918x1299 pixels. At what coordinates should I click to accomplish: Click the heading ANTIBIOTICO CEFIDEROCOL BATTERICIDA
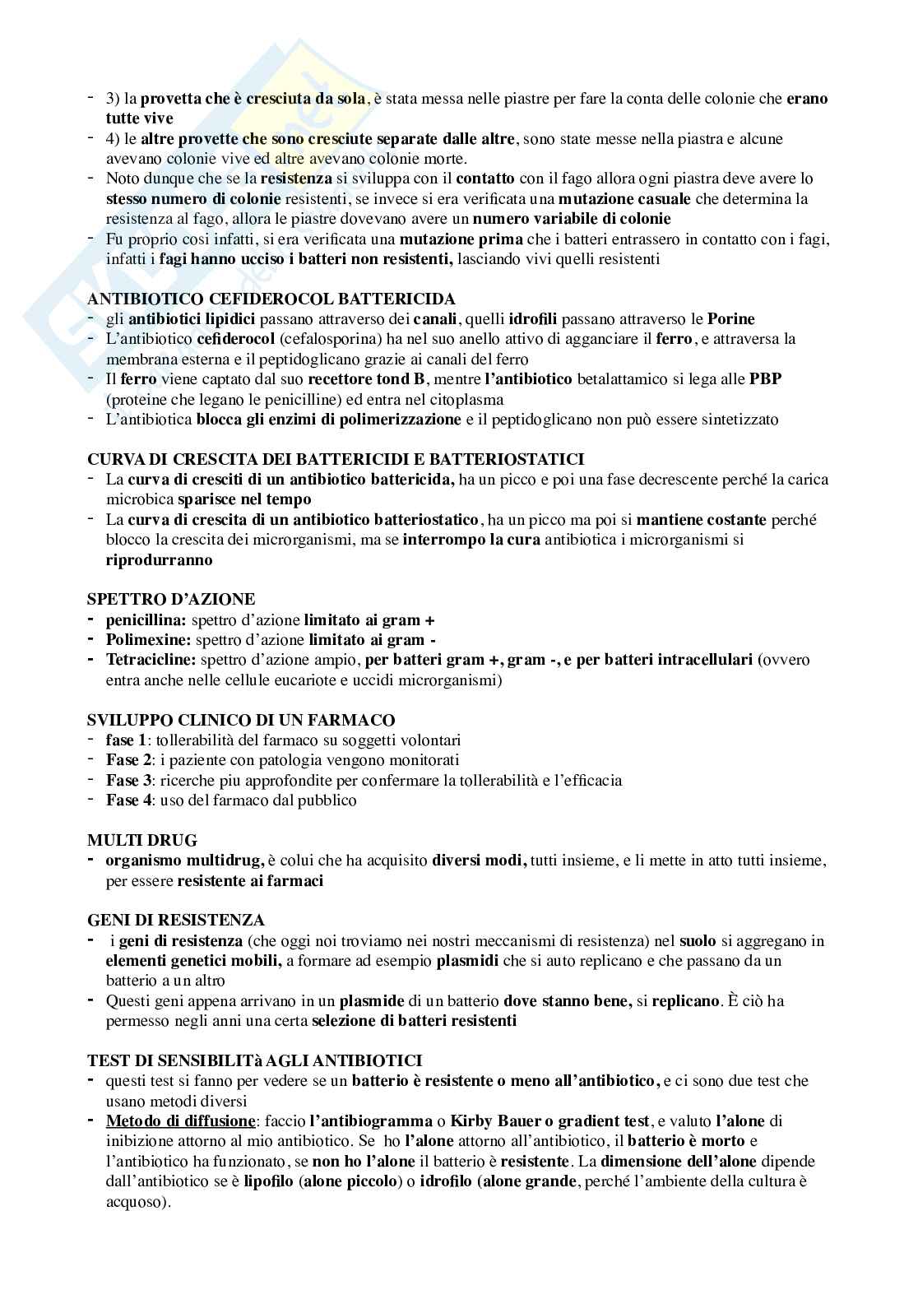[271, 299]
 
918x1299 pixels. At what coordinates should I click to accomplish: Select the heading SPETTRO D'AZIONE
[171, 599]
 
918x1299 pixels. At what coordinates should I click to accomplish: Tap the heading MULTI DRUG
[142, 840]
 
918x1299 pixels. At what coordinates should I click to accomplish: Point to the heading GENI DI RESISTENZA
[176, 920]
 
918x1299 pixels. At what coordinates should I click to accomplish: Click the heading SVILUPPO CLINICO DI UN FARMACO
[241, 720]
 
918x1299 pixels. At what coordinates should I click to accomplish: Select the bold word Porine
[730, 318]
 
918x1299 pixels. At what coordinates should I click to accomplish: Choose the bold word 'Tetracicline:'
[151, 660]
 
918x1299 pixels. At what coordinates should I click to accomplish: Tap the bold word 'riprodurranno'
[159, 560]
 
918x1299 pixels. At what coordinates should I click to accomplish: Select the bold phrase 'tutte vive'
[140, 118]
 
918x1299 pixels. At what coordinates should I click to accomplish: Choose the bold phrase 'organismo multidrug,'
[185, 861]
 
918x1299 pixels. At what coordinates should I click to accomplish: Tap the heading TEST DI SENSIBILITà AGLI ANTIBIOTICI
[254, 1060]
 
